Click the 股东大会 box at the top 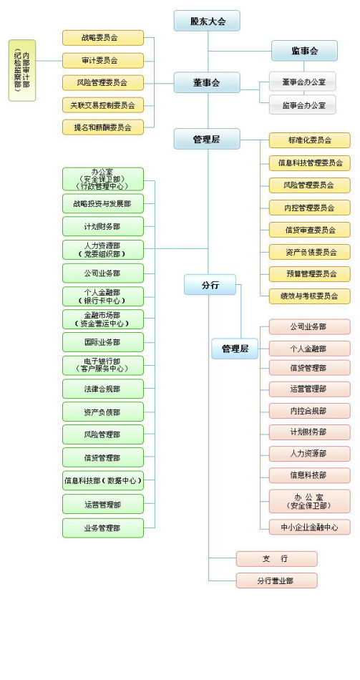[x=207, y=21]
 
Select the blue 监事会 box [x=304, y=50]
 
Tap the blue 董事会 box [x=207, y=82]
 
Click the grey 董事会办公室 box [x=302, y=82]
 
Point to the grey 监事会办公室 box [x=302, y=105]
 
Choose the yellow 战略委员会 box [x=103, y=38]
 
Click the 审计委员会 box [x=103, y=60]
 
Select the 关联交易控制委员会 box [x=103, y=105]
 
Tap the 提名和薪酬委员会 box [x=103, y=127]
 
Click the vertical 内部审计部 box [x=22, y=70]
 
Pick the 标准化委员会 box [x=309, y=140]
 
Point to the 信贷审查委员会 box [x=309, y=230]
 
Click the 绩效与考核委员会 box [x=309, y=295]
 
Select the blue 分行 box [x=210, y=285]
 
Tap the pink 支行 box [x=276, y=558]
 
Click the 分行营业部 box [x=276, y=581]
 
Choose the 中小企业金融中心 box [x=309, y=527]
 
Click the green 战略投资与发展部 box [x=103, y=204]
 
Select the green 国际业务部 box [x=103, y=342]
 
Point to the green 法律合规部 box [x=103, y=389]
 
